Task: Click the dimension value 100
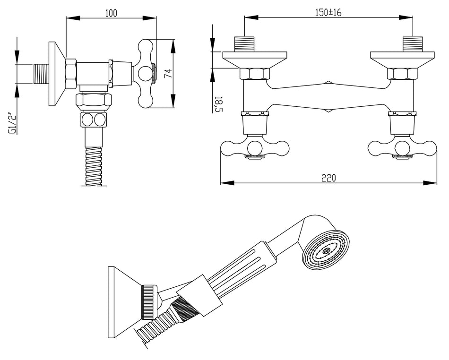[x=111, y=13]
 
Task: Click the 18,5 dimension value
[x=217, y=104]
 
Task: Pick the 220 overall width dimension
[x=328, y=178]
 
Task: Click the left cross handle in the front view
[x=256, y=148]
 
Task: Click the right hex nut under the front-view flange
[x=402, y=74]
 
